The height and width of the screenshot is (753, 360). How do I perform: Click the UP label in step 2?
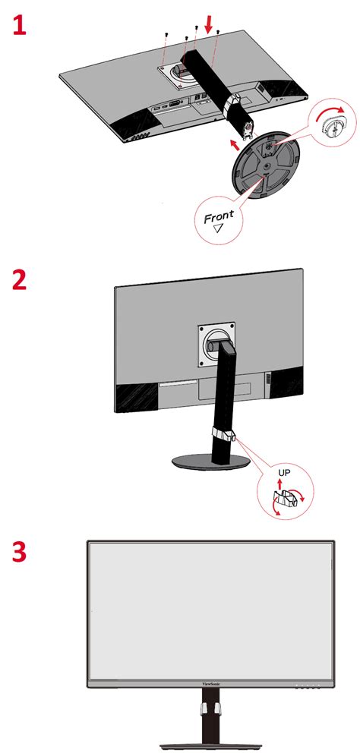(x=285, y=471)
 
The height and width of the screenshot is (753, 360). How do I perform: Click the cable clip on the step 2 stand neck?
(x=223, y=435)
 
